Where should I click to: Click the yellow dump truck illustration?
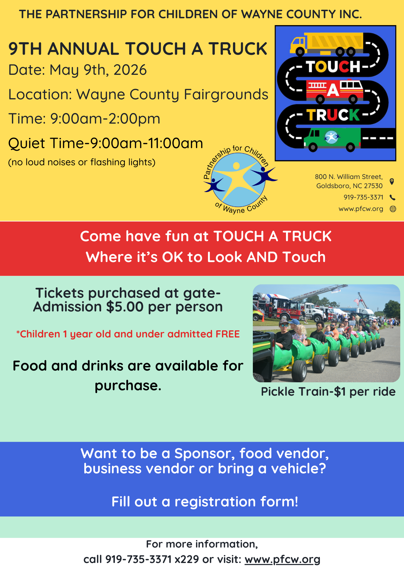(x=327, y=44)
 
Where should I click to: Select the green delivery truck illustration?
(x=332, y=139)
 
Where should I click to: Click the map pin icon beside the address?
(x=392, y=181)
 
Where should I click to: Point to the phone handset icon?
(x=393, y=198)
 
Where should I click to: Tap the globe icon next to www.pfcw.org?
(x=393, y=209)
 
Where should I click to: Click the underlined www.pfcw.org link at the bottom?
(x=282, y=560)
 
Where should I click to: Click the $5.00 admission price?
(x=125, y=307)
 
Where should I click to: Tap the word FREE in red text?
(x=227, y=334)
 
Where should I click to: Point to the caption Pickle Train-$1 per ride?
(x=328, y=392)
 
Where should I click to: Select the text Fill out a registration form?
(x=205, y=502)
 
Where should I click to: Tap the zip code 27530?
(x=373, y=186)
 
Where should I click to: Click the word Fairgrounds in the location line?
(x=226, y=95)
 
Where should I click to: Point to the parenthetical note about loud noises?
(x=82, y=162)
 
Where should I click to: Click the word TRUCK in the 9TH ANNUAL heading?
(x=238, y=49)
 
